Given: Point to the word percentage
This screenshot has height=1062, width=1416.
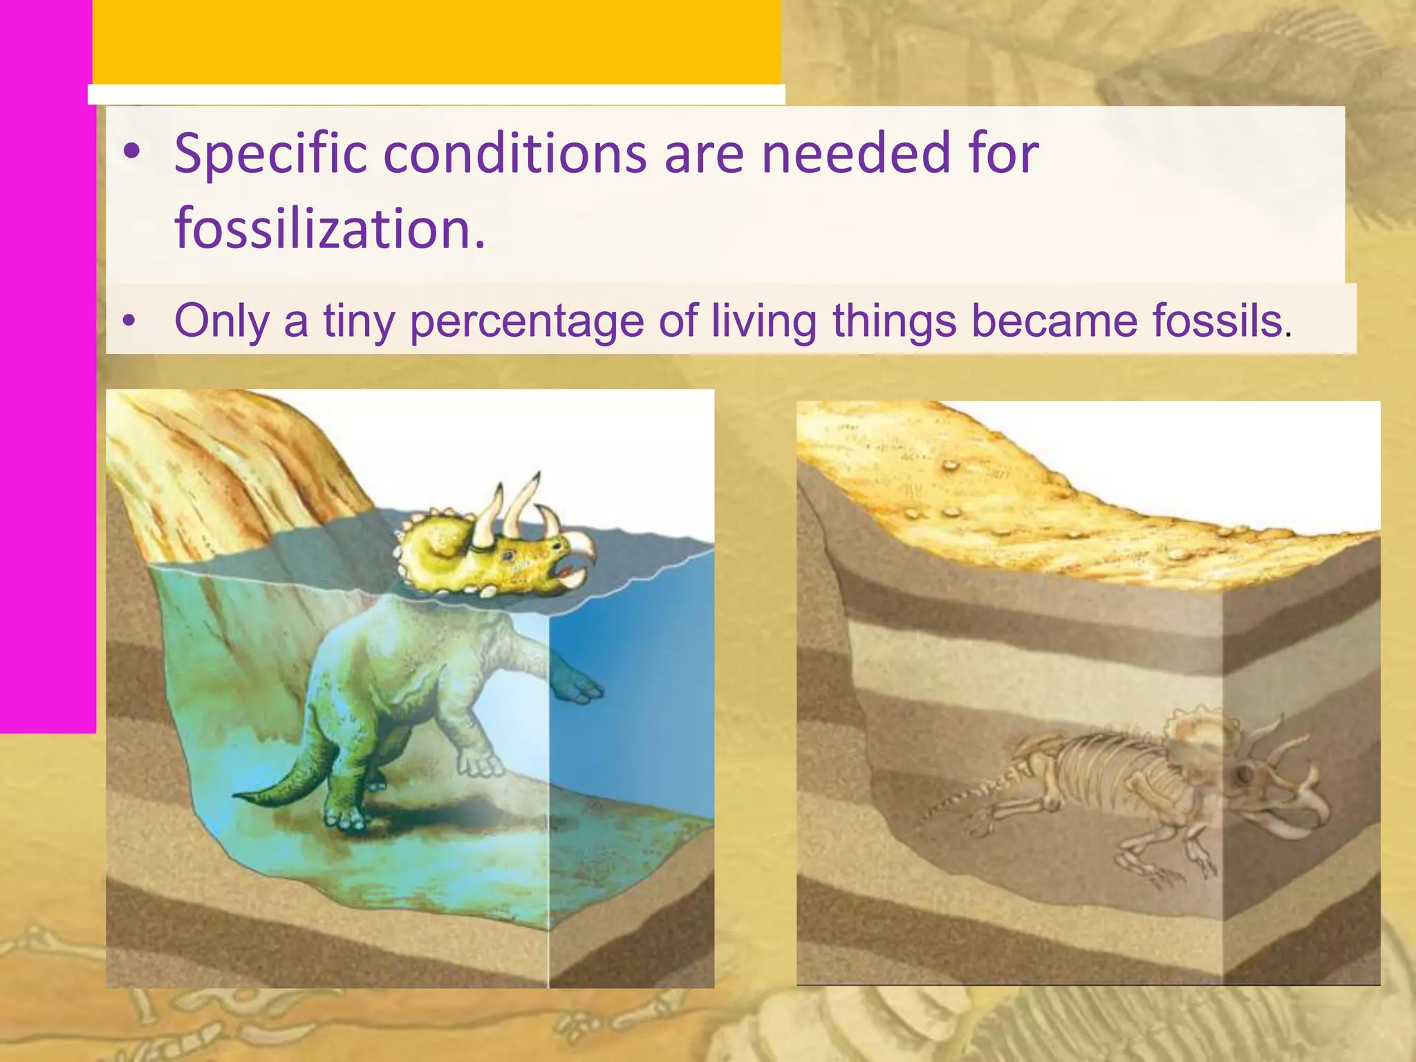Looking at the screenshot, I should [x=527, y=321].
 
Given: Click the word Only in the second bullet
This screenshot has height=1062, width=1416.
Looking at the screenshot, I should [x=221, y=321].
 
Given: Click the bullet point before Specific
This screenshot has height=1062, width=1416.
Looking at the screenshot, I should [x=131, y=153].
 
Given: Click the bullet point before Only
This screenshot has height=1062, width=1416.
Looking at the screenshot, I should [x=128, y=322].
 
